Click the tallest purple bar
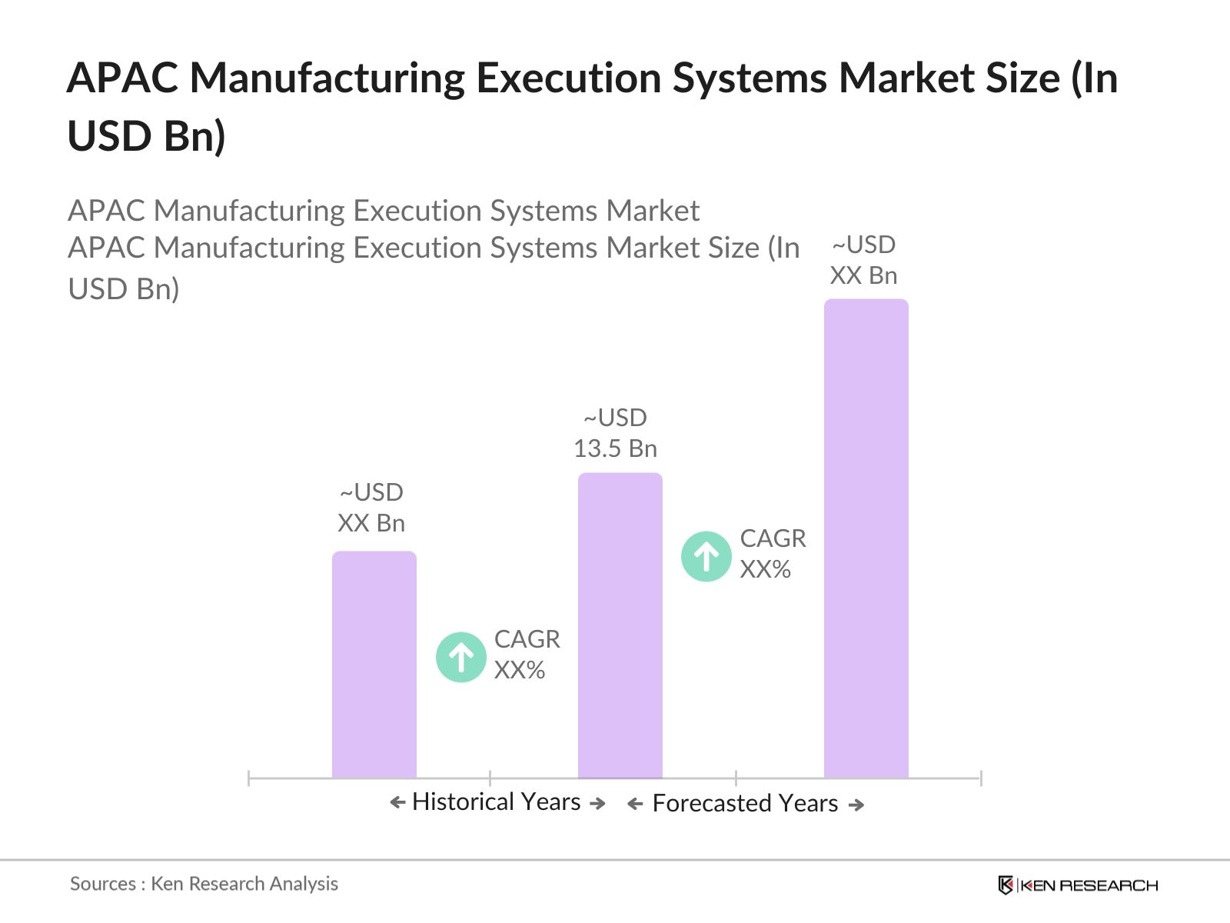866,538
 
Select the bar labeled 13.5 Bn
620,625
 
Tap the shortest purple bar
374,665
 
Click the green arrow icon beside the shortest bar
460,657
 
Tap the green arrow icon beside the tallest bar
706,556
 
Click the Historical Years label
496,801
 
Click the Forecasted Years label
744,803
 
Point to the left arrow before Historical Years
397,803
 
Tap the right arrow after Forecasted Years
856,805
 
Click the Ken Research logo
1078,885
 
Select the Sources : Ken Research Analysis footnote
204,884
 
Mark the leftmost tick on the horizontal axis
249,778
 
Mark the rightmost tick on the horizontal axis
981,778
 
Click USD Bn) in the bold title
146,136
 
